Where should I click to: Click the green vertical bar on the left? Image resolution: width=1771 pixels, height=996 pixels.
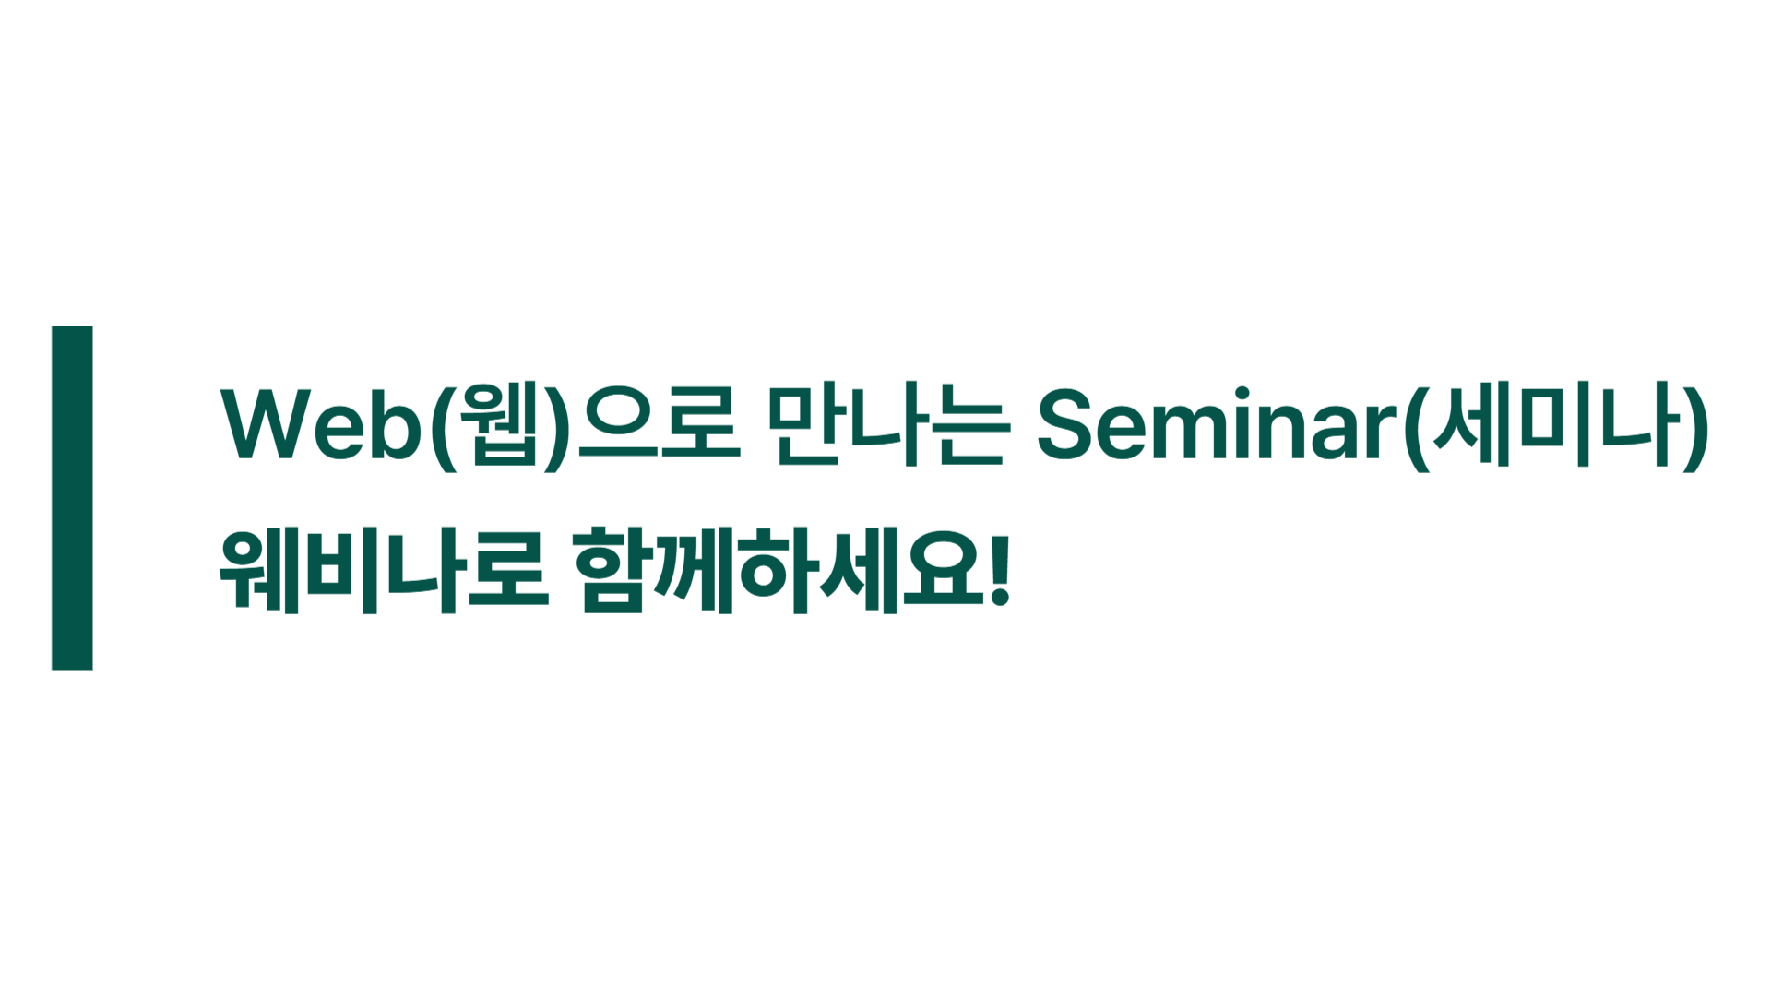click(x=72, y=498)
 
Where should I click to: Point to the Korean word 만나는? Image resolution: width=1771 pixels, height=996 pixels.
click(x=888, y=424)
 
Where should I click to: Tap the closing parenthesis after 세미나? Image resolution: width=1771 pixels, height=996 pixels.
click(x=1695, y=427)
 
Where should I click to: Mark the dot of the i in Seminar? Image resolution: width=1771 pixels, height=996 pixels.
click(x=1242, y=394)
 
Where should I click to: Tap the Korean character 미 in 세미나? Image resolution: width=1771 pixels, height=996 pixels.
click(x=1556, y=424)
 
